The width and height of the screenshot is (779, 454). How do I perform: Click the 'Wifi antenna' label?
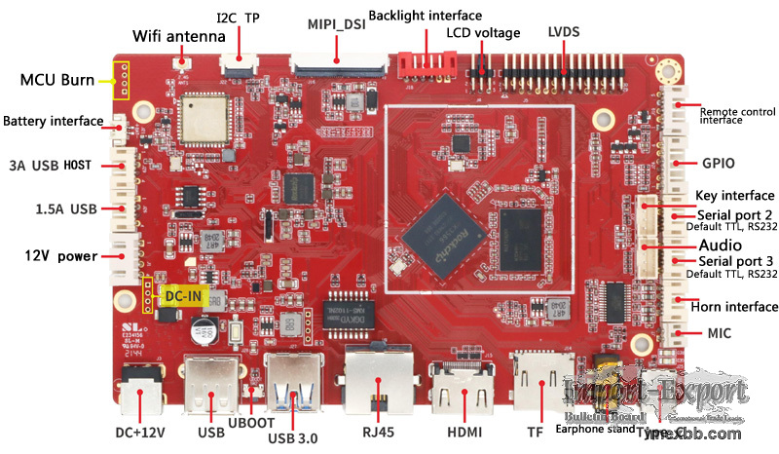(179, 36)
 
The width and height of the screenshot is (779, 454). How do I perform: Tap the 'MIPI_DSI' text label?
(336, 24)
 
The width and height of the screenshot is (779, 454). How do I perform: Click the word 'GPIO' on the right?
(718, 163)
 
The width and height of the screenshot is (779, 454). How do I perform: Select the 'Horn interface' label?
(732, 307)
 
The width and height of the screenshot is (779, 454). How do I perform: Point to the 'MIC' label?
(719, 334)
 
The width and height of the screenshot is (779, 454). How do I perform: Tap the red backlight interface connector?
(427, 64)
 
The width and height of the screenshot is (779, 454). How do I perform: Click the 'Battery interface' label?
(53, 122)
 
